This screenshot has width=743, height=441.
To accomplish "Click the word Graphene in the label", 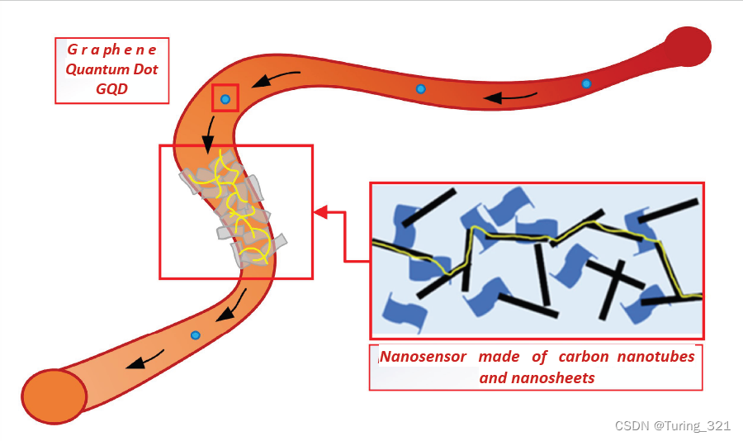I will click(111, 50).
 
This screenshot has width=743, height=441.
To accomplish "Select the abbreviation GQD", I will click(111, 88).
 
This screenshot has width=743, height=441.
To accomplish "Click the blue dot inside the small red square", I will click(225, 99).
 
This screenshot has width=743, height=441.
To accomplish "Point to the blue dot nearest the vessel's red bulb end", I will click(586, 83).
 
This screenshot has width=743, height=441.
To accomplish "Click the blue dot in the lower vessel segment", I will click(196, 334).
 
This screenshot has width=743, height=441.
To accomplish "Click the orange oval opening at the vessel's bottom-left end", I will click(54, 396).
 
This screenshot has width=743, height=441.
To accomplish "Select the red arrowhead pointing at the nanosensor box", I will click(321, 212).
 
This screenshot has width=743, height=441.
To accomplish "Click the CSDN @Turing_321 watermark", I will click(673, 425).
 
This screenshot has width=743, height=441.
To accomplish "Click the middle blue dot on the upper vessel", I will click(420, 88).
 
